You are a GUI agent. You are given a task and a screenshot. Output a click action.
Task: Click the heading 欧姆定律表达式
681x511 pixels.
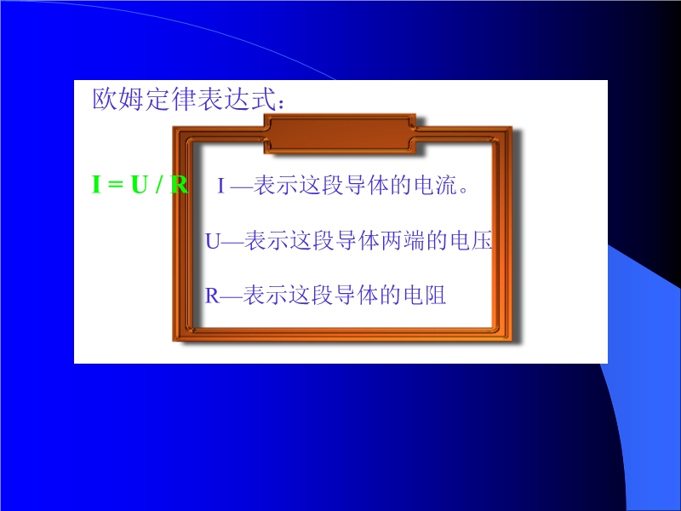(x=185, y=99)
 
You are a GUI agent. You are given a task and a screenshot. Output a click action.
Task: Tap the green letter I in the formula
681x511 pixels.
(x=96, y=184)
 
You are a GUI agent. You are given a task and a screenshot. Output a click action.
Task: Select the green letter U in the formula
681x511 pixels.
(x=140, y=184)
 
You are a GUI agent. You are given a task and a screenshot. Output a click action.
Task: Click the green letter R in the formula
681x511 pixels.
(x=179, y=184)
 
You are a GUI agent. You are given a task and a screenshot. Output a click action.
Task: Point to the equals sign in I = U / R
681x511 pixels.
(x=116, y=185)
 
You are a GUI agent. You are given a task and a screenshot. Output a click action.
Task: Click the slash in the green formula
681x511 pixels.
(x=159, y=184)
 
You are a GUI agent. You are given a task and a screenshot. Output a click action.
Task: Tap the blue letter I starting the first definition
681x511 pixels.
(x=220, y=186)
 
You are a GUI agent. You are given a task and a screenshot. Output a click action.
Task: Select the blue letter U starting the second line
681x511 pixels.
(x=212, y=241)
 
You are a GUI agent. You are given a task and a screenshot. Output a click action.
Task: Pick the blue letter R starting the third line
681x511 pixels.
(x=212, y=296)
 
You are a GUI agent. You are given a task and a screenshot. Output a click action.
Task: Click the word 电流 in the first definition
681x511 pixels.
(x=436, y=185)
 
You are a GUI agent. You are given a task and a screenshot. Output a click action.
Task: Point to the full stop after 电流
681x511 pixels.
(x=463, y=190)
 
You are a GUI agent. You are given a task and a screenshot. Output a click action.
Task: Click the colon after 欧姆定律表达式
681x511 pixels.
(x=282, y=104)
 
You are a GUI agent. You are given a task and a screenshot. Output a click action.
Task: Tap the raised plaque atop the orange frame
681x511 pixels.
(x=340, y=134)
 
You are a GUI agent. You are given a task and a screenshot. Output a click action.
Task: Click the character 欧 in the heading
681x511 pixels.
(x=105, y=99)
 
